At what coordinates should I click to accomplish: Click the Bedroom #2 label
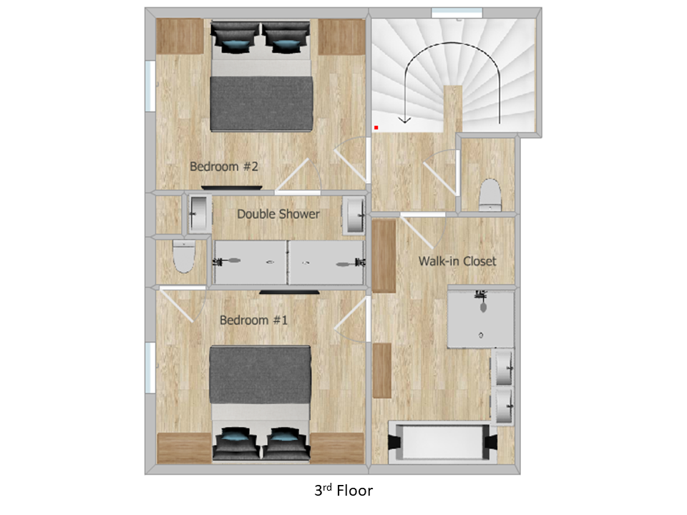223,167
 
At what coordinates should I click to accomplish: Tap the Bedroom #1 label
253,320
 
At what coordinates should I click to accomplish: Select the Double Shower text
278,214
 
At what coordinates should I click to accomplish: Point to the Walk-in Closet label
457,262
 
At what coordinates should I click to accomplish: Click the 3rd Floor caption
343,491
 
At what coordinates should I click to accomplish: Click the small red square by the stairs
376,127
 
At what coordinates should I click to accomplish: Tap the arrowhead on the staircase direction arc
404,119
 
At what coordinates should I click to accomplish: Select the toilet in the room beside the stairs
489,195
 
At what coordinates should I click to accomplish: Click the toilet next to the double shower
184,257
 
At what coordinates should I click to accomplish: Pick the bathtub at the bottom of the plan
443,442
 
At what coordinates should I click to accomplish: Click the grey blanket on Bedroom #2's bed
262,104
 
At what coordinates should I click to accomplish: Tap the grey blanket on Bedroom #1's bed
260,375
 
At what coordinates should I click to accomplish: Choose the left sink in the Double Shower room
200,215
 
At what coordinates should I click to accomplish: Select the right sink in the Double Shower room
353,215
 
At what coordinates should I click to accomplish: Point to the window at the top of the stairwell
457,13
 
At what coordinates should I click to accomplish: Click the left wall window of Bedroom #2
150,86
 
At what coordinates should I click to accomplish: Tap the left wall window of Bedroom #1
150,368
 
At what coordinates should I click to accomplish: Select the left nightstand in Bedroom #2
180,36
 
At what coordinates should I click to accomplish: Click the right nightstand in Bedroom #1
337,448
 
